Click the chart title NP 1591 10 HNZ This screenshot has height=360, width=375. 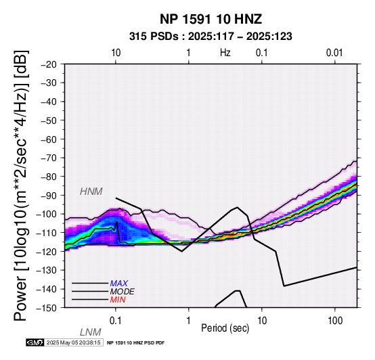point(211,19)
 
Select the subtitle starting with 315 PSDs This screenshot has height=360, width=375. point(211,37)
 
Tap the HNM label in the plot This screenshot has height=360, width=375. point(91,192)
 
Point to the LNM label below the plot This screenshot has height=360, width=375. point(91,332)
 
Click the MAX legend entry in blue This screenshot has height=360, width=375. point(119,284)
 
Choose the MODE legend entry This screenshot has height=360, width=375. point(123,292)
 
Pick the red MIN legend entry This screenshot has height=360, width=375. point(118,300)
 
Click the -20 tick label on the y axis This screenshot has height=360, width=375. point(49,64)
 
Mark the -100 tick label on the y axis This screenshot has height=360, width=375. point(46,214)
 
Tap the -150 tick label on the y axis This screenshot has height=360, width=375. point(46,308)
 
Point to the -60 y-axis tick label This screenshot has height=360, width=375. point(49,139)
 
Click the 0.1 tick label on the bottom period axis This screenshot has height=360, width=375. point(116,321)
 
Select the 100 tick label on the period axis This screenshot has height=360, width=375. point(335,321)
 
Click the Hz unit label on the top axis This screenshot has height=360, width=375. point(225,53)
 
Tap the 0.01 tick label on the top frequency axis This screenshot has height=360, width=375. point(334,53)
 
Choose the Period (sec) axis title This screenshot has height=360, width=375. point(225,328)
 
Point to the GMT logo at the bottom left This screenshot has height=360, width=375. point(35,342)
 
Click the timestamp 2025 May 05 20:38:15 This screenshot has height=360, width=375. point(73,342)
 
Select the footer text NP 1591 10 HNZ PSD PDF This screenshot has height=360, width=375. point(135,343)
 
